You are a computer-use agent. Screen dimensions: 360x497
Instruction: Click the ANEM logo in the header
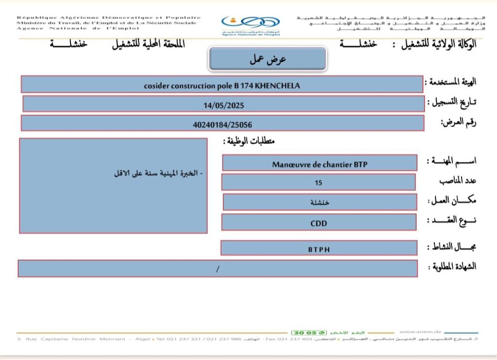[250, 25]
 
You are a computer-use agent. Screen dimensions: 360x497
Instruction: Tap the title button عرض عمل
[268, 59]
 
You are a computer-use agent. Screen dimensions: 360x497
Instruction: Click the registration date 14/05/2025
[223, 104]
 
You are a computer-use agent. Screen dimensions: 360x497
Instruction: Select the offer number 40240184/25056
[222, 124]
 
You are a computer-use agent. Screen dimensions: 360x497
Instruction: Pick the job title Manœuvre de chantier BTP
[319, 164]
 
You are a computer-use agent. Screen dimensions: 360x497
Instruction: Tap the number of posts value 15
[318, 183]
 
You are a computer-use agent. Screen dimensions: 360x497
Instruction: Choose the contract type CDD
[319, 223]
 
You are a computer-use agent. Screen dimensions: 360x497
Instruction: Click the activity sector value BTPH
[318, 249]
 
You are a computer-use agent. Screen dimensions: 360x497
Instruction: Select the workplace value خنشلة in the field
[319, 202]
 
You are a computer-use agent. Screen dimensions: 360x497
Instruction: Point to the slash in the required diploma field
[218, 269]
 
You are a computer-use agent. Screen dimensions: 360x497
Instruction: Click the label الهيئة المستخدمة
[451, 82]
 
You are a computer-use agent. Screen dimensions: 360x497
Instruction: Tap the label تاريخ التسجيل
[452, 102]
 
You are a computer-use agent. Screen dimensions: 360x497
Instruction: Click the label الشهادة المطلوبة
[452, 266]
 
